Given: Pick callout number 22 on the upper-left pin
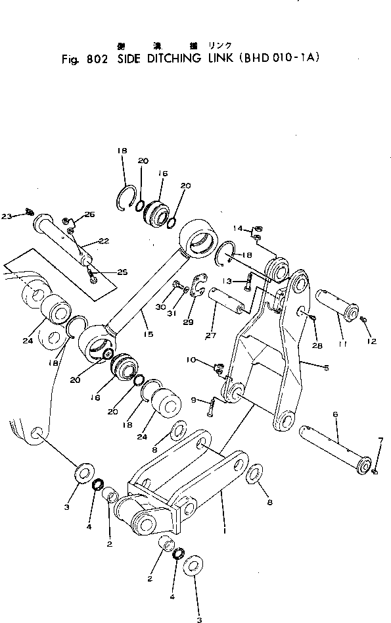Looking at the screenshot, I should tap(103, 241).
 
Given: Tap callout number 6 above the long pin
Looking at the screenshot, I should tap(335, 415).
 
